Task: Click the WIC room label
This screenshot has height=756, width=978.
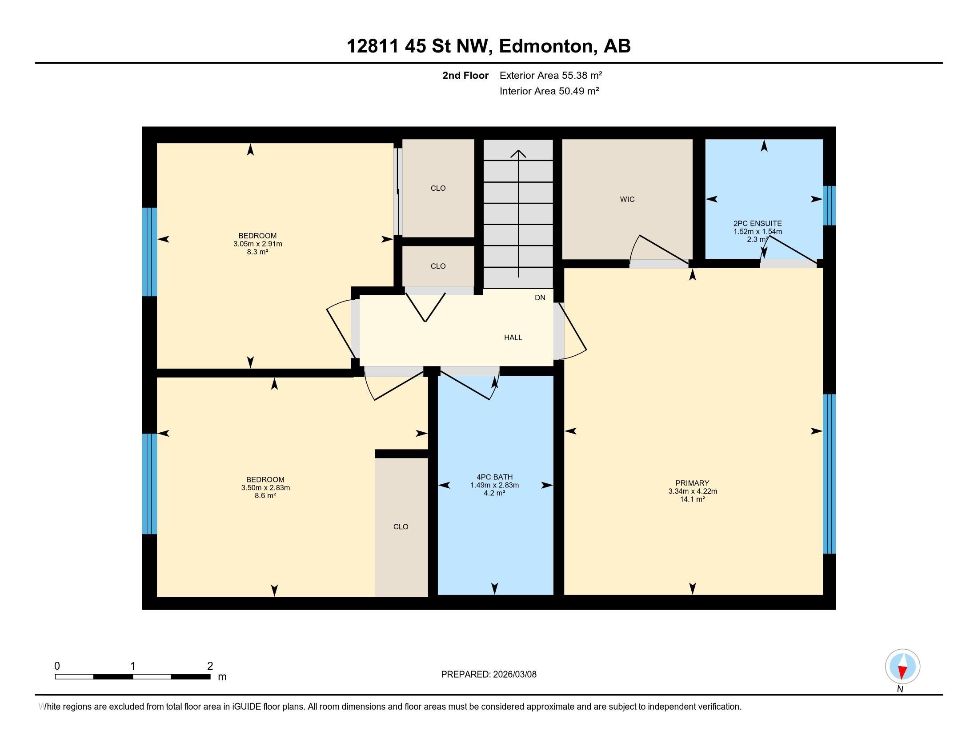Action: [627, 199]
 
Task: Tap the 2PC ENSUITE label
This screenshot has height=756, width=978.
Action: [758, 224]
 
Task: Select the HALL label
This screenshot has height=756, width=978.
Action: [513, 338]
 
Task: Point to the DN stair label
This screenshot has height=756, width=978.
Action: [540, 298]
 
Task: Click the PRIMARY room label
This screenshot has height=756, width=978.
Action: [692, 483]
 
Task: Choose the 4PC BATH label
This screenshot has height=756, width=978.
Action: [494, 478]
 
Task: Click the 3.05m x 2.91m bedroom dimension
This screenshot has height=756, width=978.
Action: [257, 244]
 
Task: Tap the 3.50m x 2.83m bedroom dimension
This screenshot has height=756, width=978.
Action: [265, 488]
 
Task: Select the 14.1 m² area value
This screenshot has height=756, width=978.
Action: [692, 499]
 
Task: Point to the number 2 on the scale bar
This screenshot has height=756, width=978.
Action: [210, 666]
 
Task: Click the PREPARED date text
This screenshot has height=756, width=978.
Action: [489, 675]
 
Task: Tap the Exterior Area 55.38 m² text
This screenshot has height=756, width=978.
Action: [551, 75]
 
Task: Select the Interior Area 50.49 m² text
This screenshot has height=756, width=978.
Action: [549, 91]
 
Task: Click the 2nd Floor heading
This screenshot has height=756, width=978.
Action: [465, 75]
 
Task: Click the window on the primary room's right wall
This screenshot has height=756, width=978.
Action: [830, 474]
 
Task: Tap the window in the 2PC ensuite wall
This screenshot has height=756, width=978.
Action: [830, 205]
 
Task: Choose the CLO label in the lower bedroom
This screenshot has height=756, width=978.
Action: [401, 527]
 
